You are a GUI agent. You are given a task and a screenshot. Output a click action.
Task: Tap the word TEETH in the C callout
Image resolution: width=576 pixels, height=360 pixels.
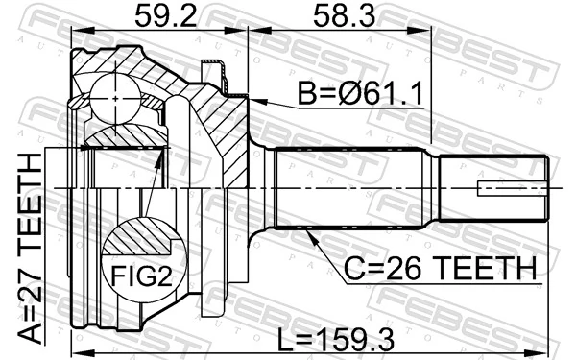[x=480, y=269]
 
